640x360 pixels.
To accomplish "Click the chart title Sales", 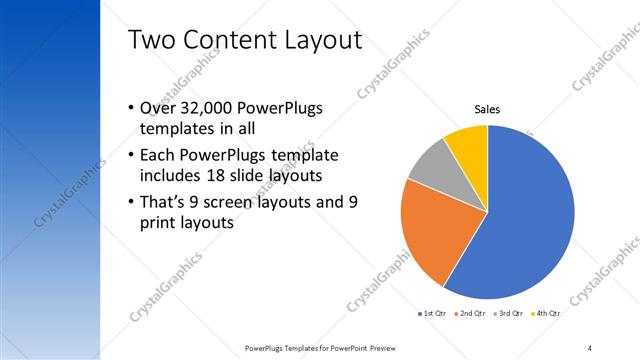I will pos(486,110).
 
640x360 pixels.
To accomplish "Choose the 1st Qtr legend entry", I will pos(433,313).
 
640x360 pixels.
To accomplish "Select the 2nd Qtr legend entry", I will pos(472,313).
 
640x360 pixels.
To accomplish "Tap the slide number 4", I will pos(590,347).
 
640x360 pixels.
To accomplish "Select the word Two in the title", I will pos(153,40).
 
